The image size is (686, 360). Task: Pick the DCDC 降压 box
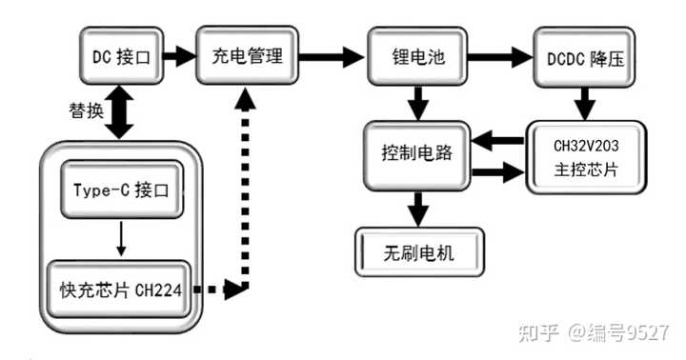click(x=585, y=56)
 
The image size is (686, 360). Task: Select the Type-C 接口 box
click(x=121, y=189)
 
